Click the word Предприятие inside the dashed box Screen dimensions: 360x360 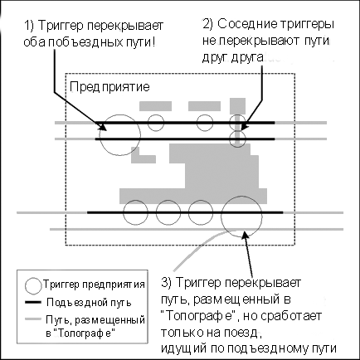pos(109,87)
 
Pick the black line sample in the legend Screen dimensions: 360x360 pos(33,303)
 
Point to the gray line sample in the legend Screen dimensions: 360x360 pos(33,319)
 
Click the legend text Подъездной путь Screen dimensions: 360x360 pos(89,303)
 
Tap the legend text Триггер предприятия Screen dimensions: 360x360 pos(94,285)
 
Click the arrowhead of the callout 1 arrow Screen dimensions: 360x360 pos(103,128)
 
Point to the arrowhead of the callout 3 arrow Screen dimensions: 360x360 pos(244,235)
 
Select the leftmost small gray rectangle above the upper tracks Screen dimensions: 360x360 pos(155,106)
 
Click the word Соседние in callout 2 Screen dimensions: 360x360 pos(246,24)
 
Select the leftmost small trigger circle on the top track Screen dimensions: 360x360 pos(156,114)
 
